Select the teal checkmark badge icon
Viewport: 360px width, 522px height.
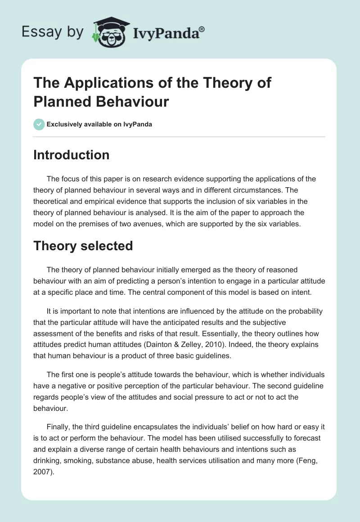coord(39,124)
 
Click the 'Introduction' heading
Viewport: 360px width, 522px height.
coord(71,155)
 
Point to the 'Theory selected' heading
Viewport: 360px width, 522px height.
coord(83,246)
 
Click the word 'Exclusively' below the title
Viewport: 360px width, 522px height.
coord(65,124)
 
